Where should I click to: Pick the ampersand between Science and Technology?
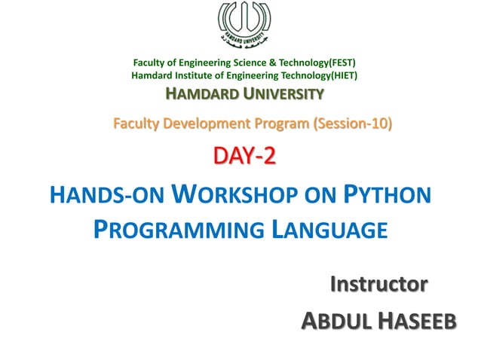(x=262, y=63)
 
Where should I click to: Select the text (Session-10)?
(x=350, y=124)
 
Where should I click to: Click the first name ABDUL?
(x=335, y=322)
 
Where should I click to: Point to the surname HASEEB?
(x=416, y=322)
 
